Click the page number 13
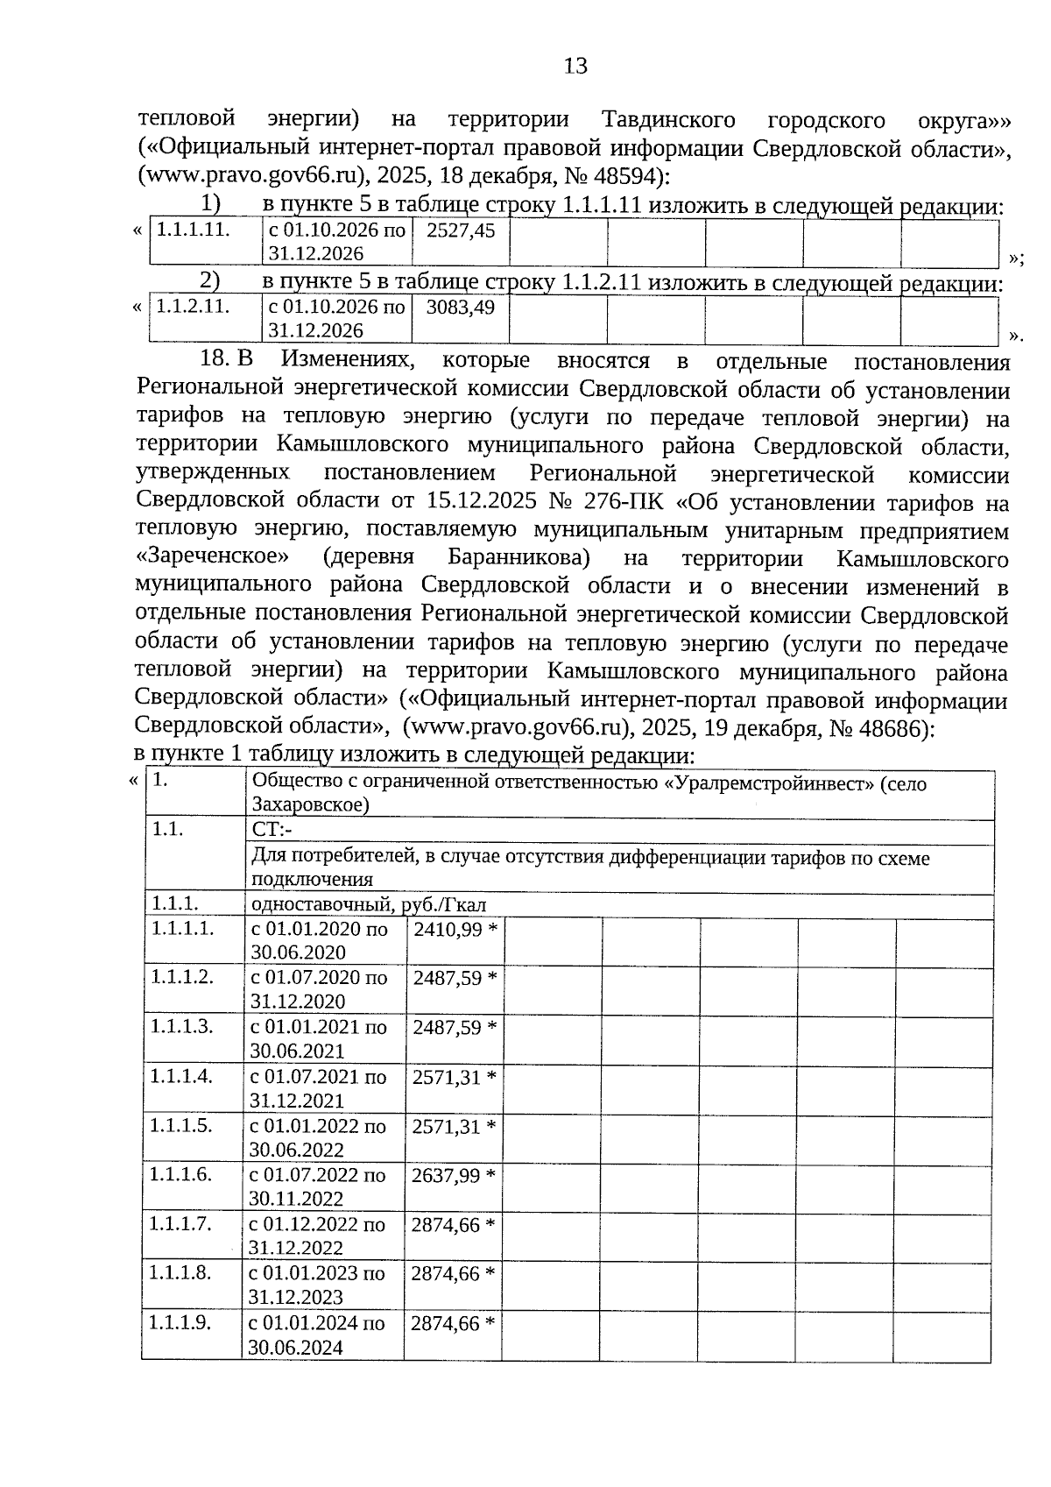click(575, 67)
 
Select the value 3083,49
click(460, 308)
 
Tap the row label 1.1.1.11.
click(193, 230)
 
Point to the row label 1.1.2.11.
click(193, 308)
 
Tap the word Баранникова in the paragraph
click(518, 559)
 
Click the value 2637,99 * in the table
click(454, 1176)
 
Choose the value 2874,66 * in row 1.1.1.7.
click(453, 1225)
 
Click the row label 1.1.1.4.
click(181, 1077)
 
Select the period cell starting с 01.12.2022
click(317, 1236)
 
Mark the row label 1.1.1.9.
click(180, 1323)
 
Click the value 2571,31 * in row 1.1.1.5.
click(454, 1127)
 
